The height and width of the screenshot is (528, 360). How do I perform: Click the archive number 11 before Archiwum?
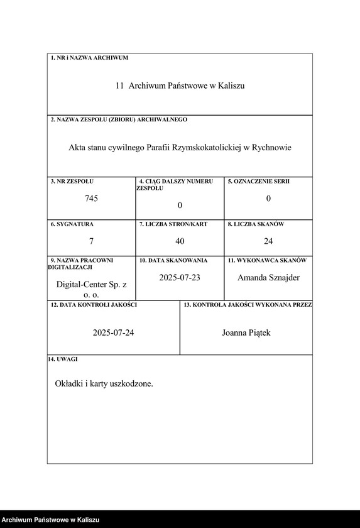click(119, 85)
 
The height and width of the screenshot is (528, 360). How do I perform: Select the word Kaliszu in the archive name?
click(231, 85)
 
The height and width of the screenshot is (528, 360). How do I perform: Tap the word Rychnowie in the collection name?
click(271, 148)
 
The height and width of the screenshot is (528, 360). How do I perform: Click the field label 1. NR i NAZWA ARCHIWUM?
click(89, 58)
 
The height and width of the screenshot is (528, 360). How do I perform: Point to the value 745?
click(92, 199)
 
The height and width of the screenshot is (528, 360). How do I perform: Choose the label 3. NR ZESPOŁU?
click(72, 182)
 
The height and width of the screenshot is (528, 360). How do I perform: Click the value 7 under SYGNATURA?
click(92, 241)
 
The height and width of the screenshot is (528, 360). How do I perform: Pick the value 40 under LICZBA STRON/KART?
click(180, 241)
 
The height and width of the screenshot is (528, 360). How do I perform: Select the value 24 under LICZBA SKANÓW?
click(268, 241)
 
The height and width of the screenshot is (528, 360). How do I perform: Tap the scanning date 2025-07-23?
click(180, 277)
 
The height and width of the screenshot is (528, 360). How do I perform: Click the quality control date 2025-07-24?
click(113, 333)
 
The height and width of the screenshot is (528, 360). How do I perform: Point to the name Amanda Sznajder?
click(268, 277)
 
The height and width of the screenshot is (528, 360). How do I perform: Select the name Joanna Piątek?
click(246, 333)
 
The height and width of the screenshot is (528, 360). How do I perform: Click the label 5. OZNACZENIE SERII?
click(258, 182)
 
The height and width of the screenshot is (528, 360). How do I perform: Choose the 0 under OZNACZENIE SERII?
click(268, 199)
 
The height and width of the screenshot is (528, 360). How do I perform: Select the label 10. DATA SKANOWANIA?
click(173, 260)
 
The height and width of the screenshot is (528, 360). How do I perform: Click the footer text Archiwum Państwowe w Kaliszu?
click(50, 520)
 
